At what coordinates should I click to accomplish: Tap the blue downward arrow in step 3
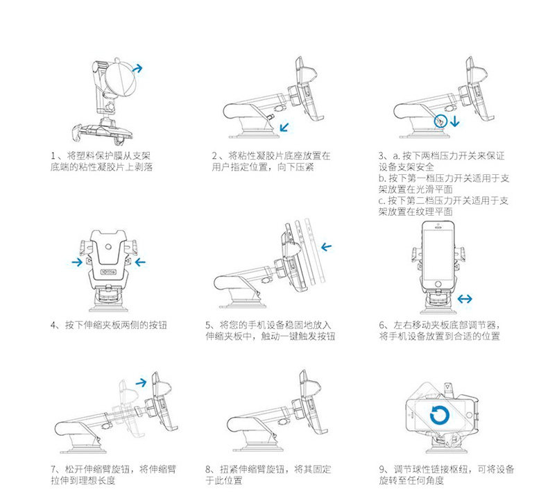454,122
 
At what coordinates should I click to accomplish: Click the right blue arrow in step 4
141,262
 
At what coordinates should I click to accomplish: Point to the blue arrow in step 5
326,246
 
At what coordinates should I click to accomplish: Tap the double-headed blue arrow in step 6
465,298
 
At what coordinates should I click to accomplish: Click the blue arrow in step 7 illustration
141,382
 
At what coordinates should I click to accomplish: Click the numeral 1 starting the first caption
54,155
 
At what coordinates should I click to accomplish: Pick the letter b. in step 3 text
382,178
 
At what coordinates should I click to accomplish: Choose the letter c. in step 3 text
382,201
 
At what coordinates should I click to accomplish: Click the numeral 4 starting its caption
54,325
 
